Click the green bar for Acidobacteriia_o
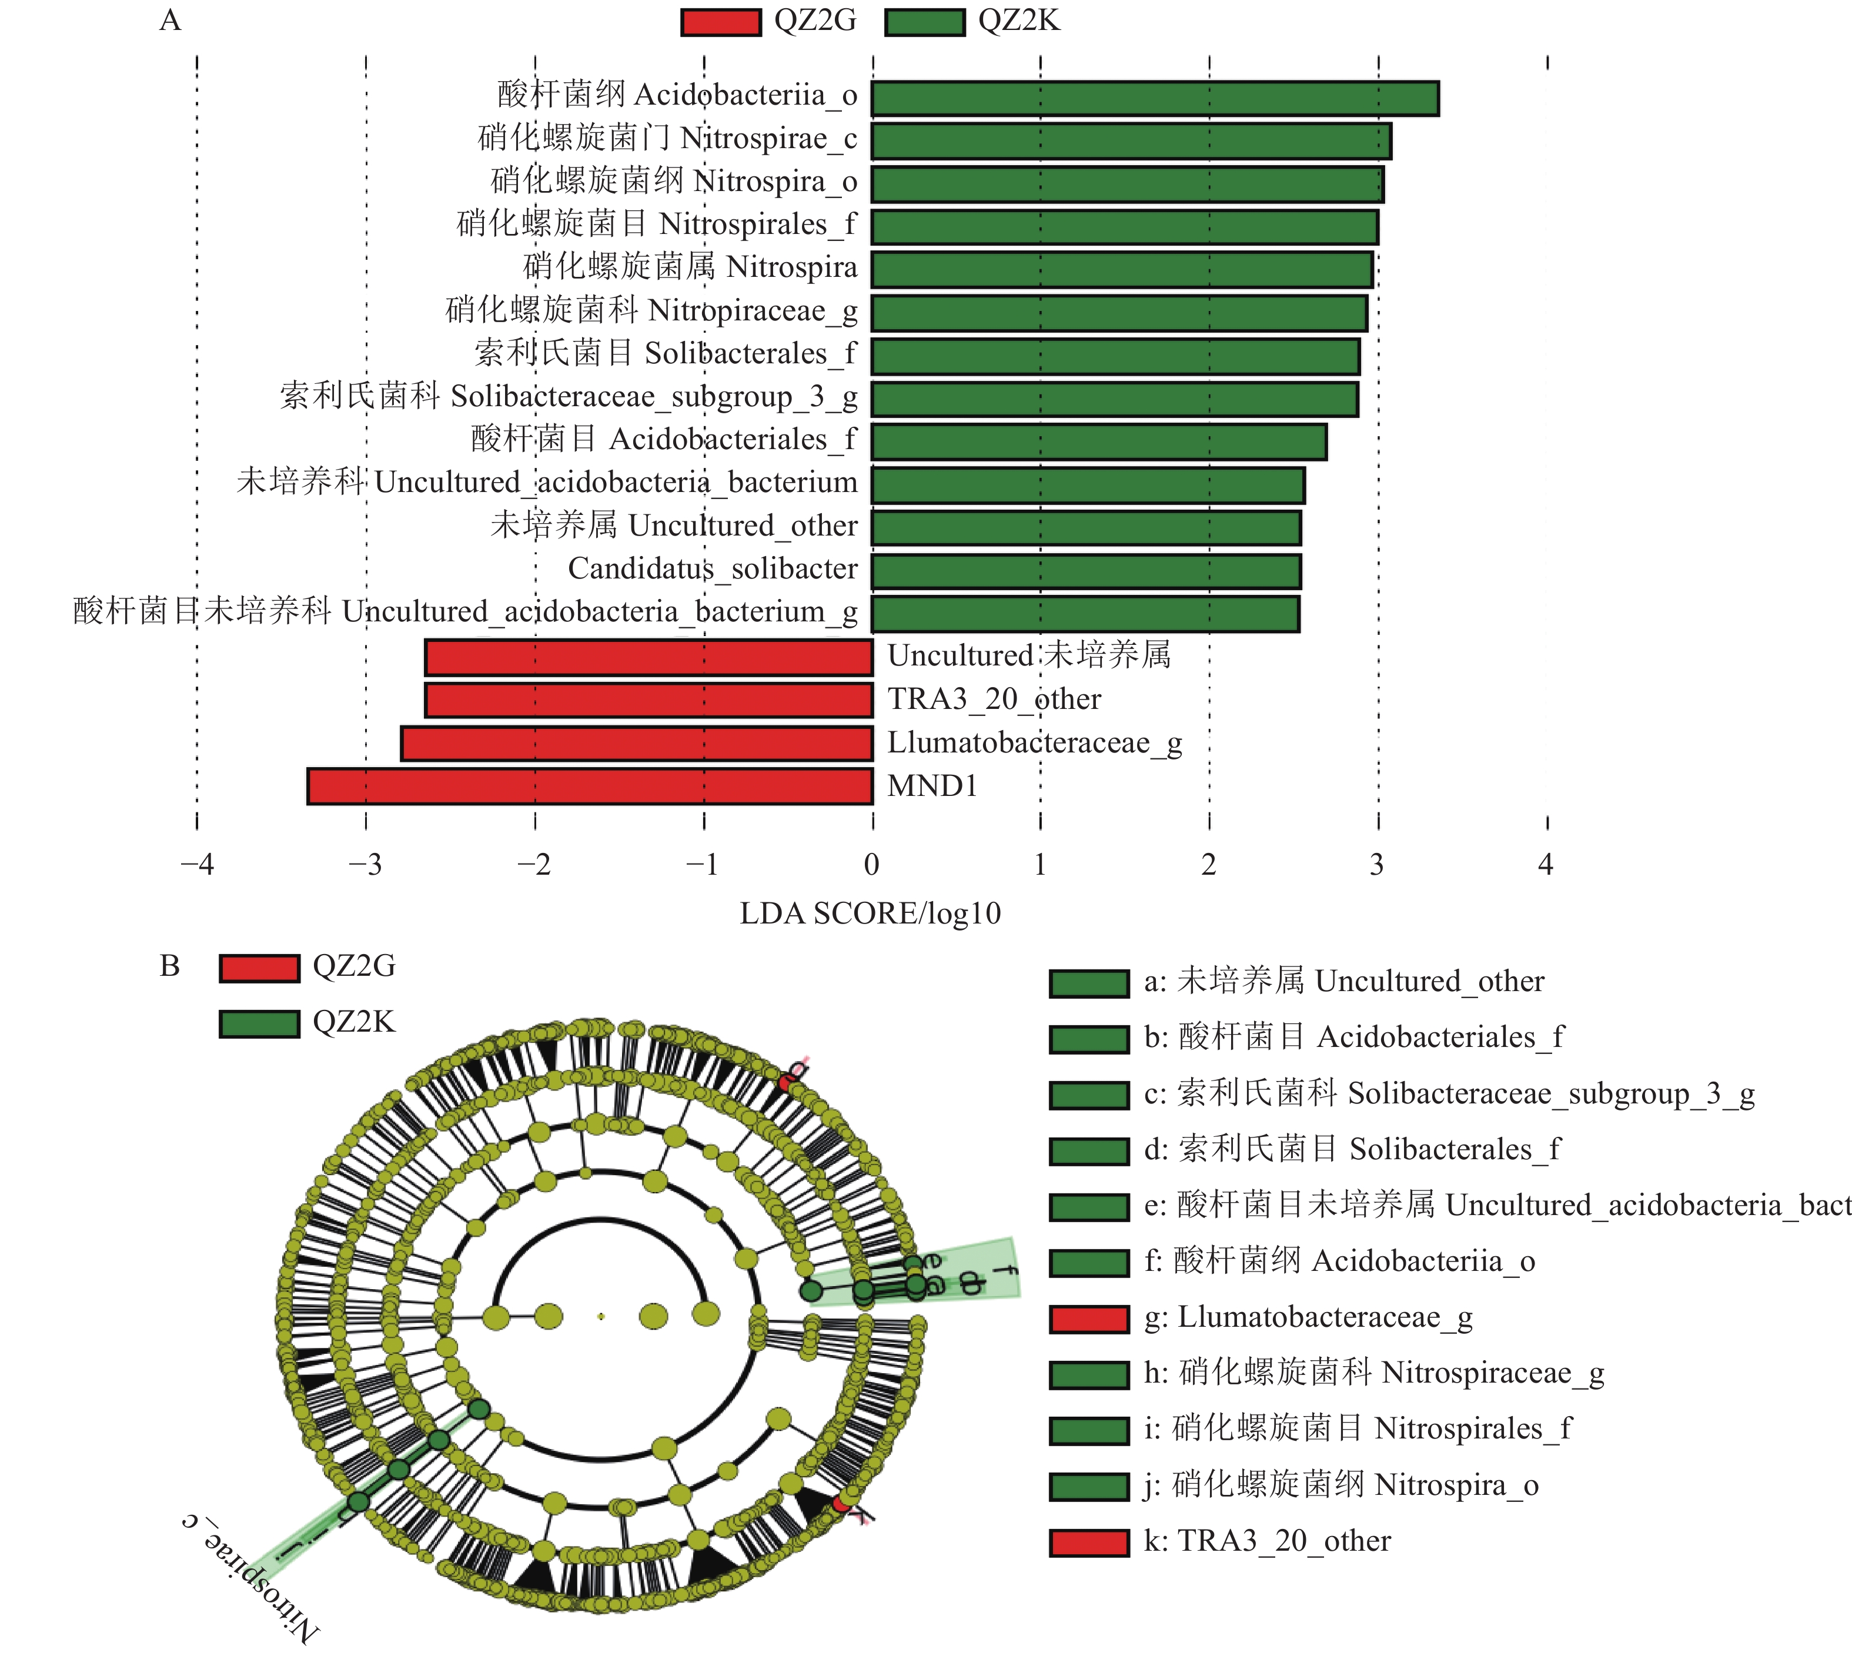(x=1155, y=99)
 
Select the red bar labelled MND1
(x=590, y=786)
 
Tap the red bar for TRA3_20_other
(x=648, y=700)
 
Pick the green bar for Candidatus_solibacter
(x=1085, y=571)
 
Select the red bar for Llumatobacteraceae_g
(x=637, y=743)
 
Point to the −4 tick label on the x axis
(x=196, y=864)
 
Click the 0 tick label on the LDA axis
(x=872, y=864)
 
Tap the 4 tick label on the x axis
(x=1545, y=864)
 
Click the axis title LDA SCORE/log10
(x=870, y=913)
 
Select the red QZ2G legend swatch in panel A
(x=720, y=22)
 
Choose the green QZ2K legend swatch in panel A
(x=925, y=22)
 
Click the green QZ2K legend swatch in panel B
(x=259, y=1023)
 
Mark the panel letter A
(x=170, y=20)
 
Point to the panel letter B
(x=170, y=966)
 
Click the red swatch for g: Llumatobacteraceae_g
(x=1089, y=1319)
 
